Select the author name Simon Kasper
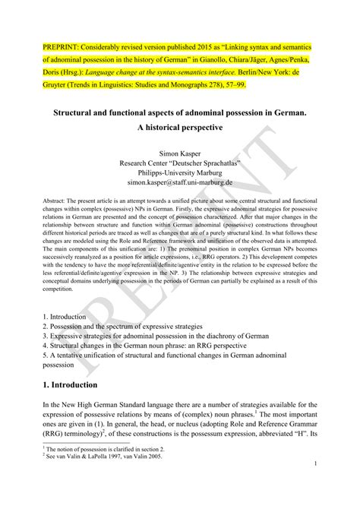click(180, 153)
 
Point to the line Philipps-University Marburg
click(180, 174)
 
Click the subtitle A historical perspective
click(180, 128)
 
